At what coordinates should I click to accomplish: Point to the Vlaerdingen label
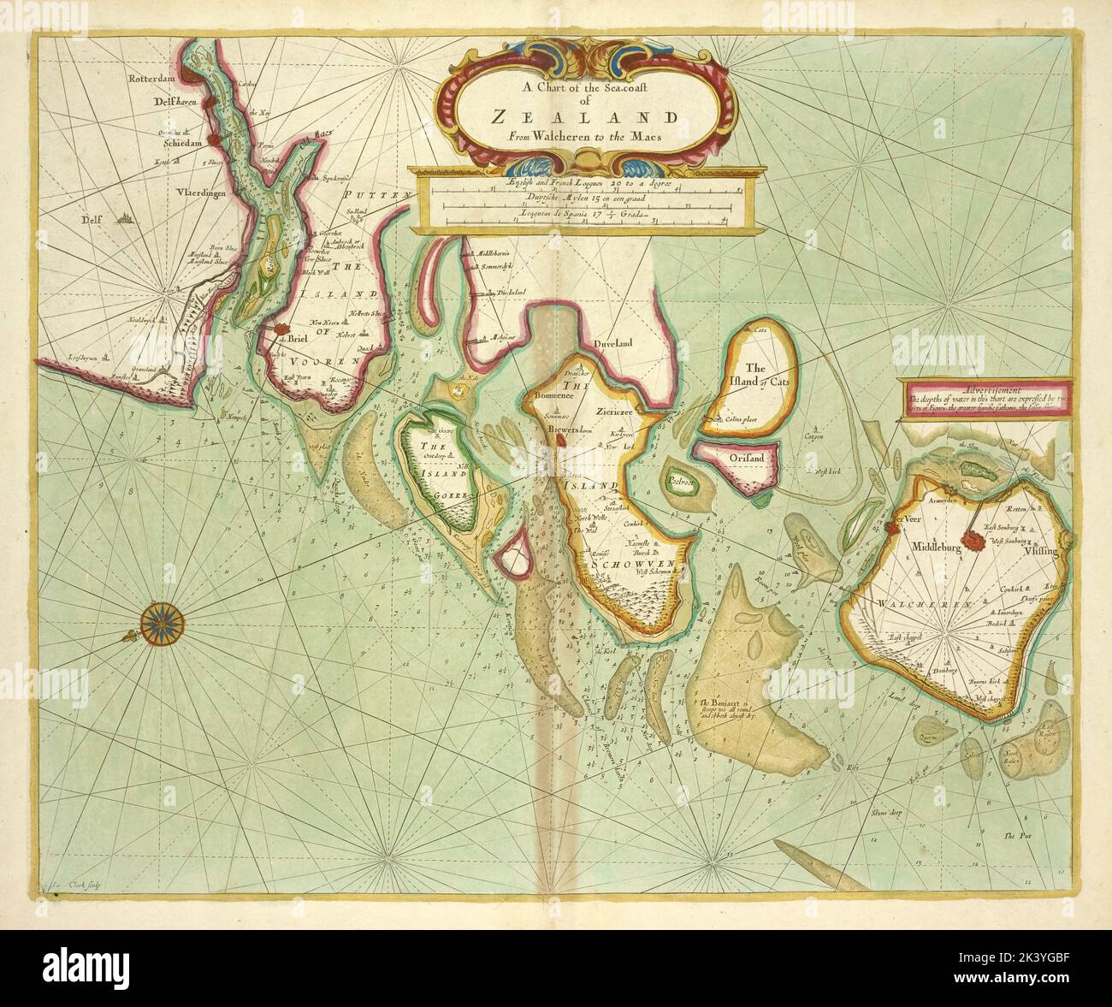point(197,193)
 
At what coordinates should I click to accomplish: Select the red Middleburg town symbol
point(973,540)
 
